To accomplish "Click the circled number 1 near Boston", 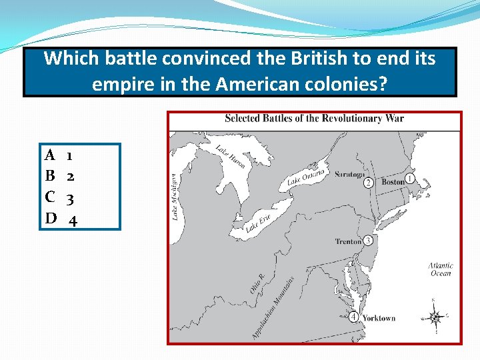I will (x=409, y=179).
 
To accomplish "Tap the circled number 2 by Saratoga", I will (x=368, y=183).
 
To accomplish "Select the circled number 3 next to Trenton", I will (x=368, y=241).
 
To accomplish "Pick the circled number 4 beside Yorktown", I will (x=353, y=317).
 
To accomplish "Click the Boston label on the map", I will (x=393, y=181).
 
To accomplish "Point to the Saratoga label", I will (x=350, y=174).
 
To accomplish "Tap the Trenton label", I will (x=348, y=241).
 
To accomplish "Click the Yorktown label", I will (x=379, y=318).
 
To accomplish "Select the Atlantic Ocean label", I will (x=441, y=269).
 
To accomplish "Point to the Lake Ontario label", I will (x=306, y=177).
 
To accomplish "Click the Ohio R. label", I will (x=257, y=283).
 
